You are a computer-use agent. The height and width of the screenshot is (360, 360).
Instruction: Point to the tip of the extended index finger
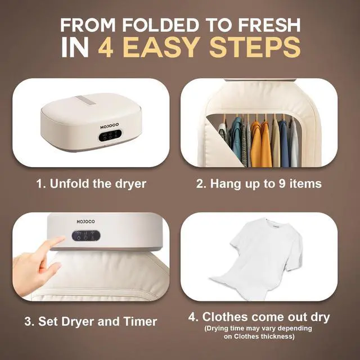coord(60,242)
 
